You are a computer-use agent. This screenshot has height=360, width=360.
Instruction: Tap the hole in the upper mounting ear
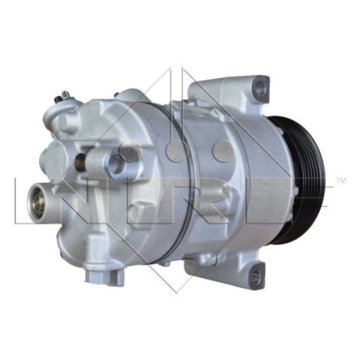click(x=260, y=87)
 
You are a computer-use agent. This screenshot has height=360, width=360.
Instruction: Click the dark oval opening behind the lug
click(x=80, y=162)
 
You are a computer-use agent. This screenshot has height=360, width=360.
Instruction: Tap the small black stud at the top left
click(x=57, y=100)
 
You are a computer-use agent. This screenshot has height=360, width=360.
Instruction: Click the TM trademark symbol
click(x=342, y=180)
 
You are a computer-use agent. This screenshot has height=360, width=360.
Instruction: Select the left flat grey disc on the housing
click(x=177, y=152)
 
